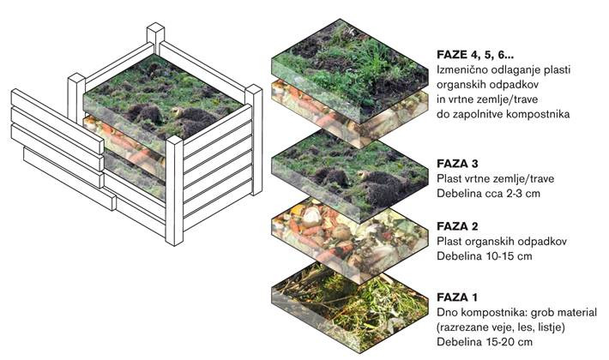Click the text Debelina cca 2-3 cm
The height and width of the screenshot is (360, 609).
488,193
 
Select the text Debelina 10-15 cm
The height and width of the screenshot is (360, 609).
485,256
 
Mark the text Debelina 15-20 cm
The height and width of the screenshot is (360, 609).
485,342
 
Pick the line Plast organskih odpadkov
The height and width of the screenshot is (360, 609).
502,242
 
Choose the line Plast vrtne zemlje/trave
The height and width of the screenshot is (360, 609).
496,179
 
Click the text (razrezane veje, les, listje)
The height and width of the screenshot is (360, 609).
501,327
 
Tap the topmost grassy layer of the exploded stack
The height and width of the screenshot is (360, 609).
350,69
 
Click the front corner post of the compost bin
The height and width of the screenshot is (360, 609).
174,191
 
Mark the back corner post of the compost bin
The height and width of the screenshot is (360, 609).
155,38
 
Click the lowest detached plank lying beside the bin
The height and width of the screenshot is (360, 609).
69,178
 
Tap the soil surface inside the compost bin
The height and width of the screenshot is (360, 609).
163,98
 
